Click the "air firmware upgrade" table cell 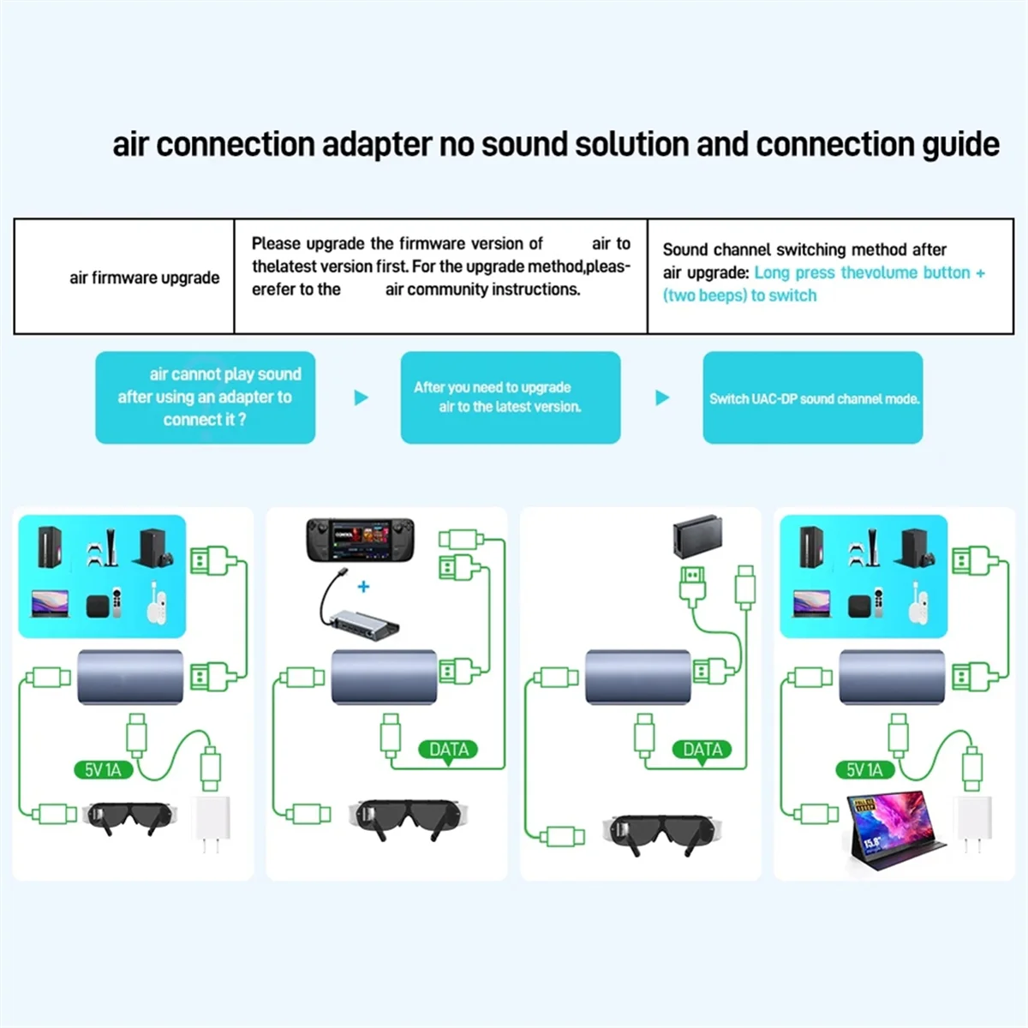pos(144,278)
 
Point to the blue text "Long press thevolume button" pos(862,272)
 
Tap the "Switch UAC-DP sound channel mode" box pos(813,398)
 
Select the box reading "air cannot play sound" pos(206,397)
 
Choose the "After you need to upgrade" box pos(510,397)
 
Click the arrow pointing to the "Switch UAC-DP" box pos(662,397)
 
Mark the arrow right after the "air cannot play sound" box pos(361,397)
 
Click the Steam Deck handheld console pos(360,540)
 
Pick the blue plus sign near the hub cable pos(363,587)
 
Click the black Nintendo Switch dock pos(696,536)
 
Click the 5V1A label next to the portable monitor pos(864,769)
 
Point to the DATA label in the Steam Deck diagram pos(449,750)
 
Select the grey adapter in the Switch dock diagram pos(638,676)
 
